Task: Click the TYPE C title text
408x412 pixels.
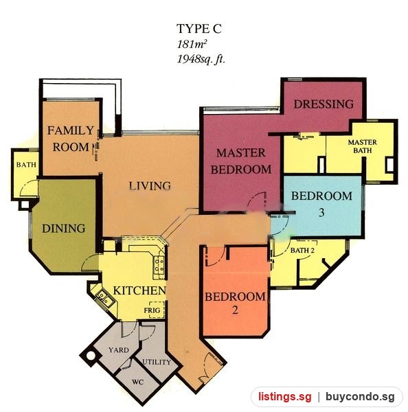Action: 199,28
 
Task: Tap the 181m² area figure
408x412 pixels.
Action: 191,44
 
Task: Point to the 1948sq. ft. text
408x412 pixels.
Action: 201,59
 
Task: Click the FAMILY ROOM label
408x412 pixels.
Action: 71,139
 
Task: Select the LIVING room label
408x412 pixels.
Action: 150,186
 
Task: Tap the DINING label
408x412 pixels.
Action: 64,229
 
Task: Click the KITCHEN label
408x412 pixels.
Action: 139,290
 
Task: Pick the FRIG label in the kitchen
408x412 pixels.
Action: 152,310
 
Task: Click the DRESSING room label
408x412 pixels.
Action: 324,104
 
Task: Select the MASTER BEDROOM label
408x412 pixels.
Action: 241,161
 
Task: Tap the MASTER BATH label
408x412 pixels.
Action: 362,146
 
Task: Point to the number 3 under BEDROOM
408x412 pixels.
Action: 321,212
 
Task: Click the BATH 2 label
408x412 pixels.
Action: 302,251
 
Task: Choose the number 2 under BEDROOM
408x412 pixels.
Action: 235,310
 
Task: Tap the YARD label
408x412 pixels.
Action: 119,350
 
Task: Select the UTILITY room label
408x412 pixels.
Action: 157,362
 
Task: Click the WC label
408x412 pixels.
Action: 137,382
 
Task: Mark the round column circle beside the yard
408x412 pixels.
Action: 91,356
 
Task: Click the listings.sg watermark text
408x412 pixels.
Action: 284,396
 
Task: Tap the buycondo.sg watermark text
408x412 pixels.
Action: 360,396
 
